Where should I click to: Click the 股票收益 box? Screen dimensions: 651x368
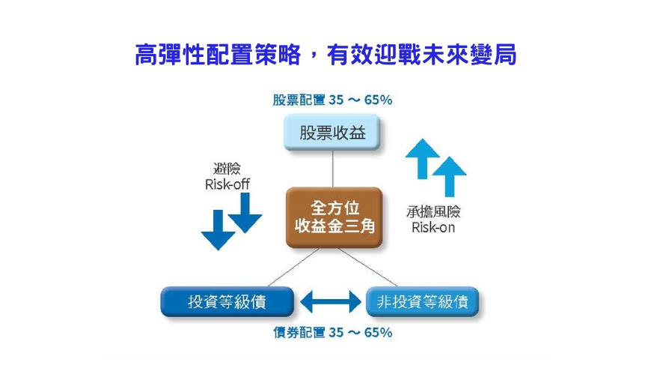(x=331, y=132)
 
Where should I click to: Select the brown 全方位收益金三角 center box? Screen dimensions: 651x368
(x=334, y=217)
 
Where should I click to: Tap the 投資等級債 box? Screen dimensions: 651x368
(x=227, y=301)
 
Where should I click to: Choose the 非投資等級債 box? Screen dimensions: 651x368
(x=422, y=301)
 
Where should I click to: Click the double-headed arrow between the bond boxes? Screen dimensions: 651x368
(x=330, y=301)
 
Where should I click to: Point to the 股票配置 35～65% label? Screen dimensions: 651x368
(x=332, y=100)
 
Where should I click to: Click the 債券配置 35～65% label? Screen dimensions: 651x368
(x=332, y=332)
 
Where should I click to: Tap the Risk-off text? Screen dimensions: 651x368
(x=227, y=184)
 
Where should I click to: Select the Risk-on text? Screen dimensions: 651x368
(x=433, y=227)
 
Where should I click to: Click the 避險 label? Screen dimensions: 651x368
(x=227, y=169)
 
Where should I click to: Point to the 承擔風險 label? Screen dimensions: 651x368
(x=433, y=212)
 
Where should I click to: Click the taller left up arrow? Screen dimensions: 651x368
(x=423, y=159)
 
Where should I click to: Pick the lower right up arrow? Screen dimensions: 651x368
(x=450, y=177)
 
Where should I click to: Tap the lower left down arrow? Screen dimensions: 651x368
(x=218, y=230)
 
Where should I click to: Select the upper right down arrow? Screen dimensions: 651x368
(x=245, y=213)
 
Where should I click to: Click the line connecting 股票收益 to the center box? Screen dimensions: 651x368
(x=332, y=169)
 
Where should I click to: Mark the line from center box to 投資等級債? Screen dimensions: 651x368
(x=293, y=268)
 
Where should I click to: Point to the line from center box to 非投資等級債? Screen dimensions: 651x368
(x=368, y=268)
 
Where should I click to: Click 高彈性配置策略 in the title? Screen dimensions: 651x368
(x=218, y=55)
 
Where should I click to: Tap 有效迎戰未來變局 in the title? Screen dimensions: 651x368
(x=421, y=55)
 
